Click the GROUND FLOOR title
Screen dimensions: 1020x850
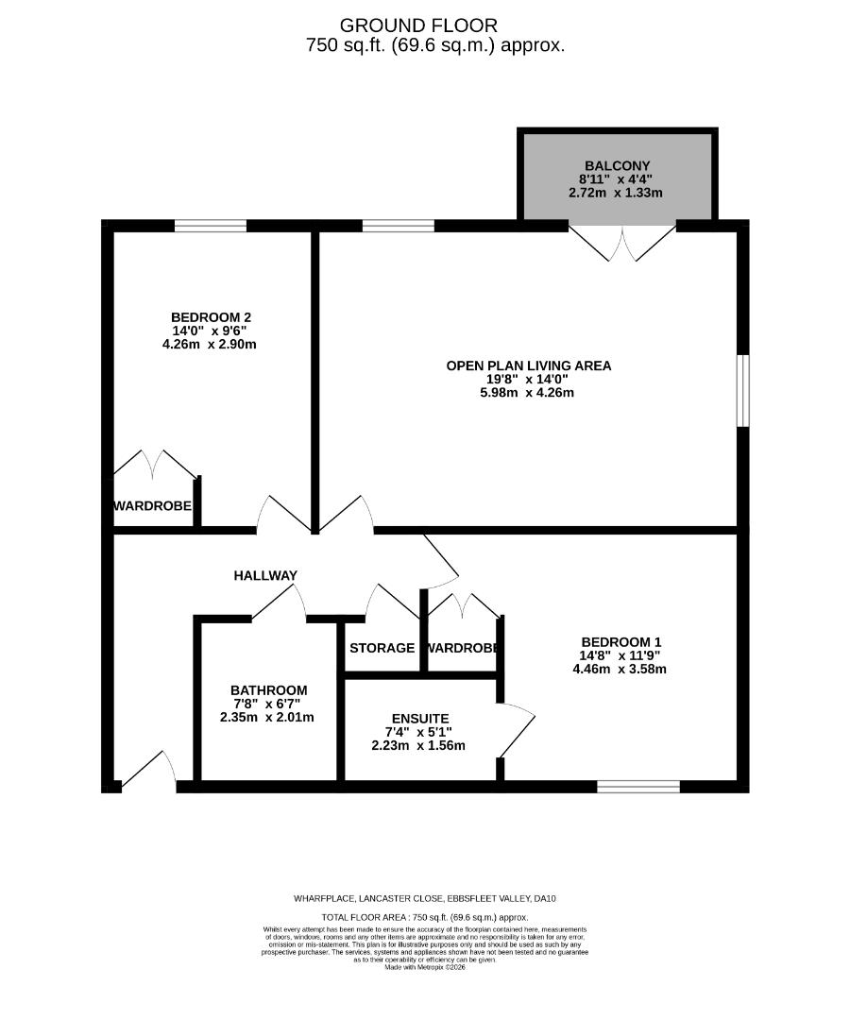418,25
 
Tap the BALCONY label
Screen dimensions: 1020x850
615,165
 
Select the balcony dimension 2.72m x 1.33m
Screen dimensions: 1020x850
615,192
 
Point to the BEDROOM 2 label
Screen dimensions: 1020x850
211,316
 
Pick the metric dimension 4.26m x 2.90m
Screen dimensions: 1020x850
210,344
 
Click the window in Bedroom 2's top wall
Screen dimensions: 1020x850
210,225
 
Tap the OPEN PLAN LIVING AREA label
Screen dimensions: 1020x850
528,365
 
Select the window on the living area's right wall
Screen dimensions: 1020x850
742,390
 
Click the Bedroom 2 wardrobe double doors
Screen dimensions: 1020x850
155,465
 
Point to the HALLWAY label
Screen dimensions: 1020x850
265,575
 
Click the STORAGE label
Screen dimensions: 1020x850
382,648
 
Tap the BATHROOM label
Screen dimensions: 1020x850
269,690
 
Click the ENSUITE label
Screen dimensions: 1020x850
422,719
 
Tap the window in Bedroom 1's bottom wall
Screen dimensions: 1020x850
637,786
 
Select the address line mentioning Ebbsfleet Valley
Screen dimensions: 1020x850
429,898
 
